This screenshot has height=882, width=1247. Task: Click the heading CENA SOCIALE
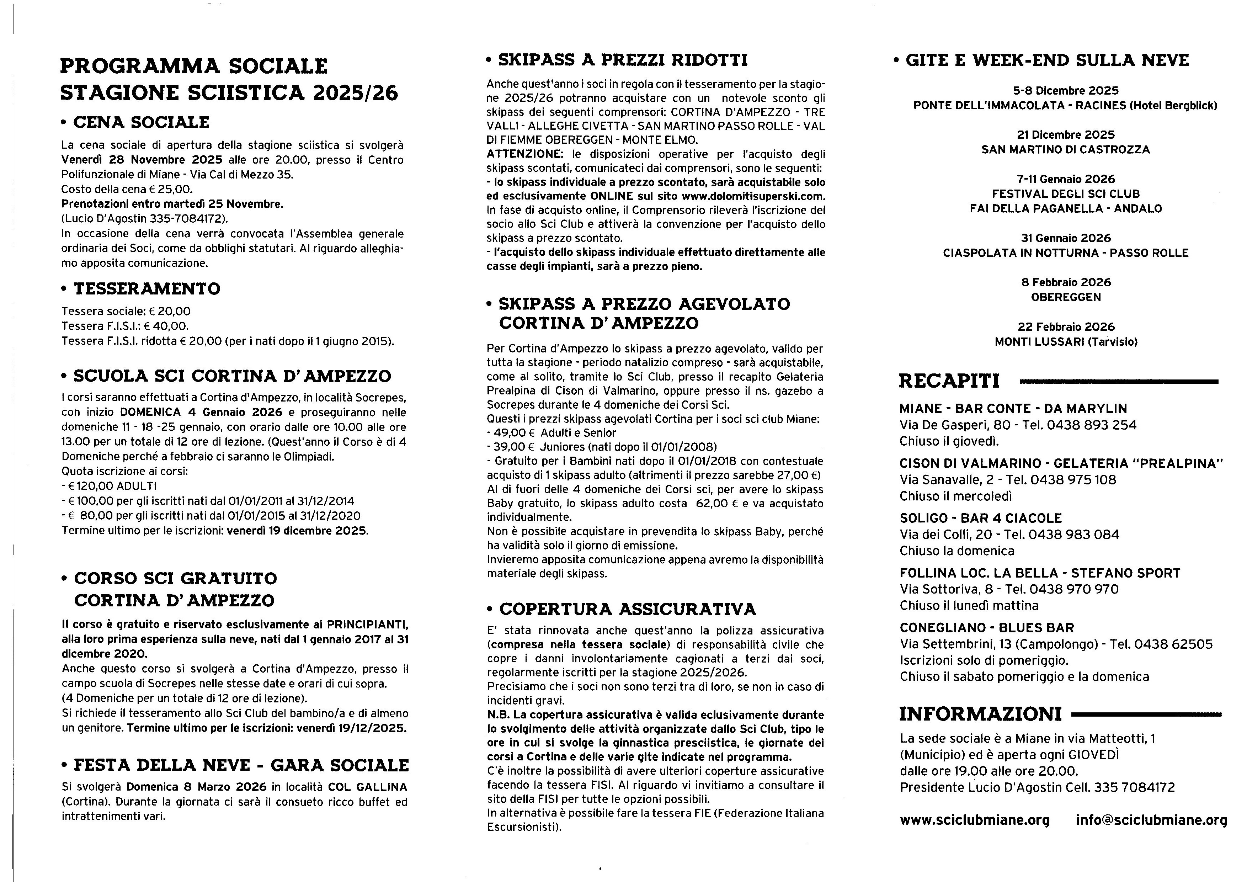point(141,122)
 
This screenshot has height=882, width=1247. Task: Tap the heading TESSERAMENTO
point(146,288)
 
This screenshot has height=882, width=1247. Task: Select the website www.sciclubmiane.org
point(974,820)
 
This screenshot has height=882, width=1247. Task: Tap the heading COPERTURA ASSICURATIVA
point(627,609)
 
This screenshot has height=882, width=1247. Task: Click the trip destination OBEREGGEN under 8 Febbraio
point(1066,297)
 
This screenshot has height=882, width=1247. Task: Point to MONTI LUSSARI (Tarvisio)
point(1066,342)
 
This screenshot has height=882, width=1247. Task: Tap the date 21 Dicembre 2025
point(1066,135)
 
